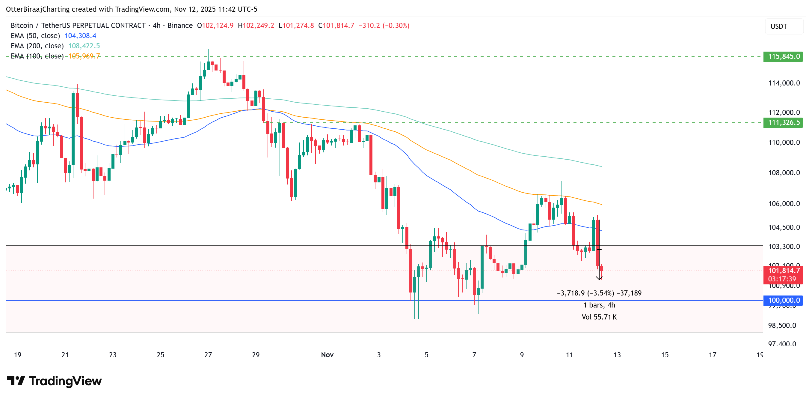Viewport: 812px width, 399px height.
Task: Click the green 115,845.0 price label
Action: coord(783,56)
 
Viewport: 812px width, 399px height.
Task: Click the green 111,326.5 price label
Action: coord(783,122)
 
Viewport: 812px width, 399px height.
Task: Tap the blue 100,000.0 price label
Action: coord(783,300)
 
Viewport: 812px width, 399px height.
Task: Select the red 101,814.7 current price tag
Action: coord(783,271)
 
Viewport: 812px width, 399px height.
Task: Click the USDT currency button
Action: coord(779,26)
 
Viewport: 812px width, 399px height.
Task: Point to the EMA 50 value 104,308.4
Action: coord(80,36)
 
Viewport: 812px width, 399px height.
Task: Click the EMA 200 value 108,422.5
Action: coord(84,46)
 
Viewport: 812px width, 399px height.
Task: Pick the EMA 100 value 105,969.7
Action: coord(84,56)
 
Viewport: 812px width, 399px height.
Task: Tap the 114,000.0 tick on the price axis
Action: coord(784,83)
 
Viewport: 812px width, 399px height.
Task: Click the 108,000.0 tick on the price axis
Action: coord(784,173)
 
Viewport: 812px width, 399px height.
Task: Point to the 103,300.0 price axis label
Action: coord(784,247)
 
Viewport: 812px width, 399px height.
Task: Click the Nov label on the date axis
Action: coord(327,355)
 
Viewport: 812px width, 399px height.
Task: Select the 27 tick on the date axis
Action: coord(208,355)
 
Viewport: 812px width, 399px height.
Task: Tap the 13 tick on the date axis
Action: coord(617,355)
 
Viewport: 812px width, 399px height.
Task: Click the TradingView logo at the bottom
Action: coord(54,381)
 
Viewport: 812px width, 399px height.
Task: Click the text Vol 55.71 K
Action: coord(599,317)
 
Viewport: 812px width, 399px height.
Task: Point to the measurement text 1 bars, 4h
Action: coord(599,305)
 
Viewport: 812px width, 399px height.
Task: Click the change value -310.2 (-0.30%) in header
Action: coord(384,25)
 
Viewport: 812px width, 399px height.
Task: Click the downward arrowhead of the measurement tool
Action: coord(599,278)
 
